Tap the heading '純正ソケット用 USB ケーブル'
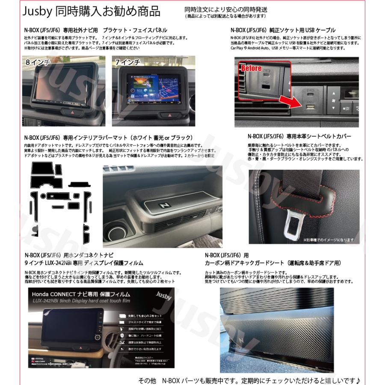(x=308, y=30)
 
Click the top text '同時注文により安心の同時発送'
(x=225, y=9)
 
